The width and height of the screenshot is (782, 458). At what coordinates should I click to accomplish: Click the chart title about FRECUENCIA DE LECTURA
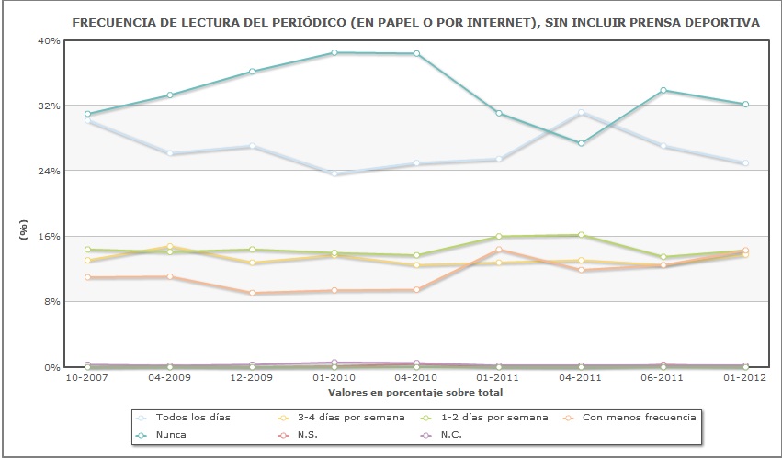point(415,21)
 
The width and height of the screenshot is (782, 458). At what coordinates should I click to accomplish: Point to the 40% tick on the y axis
point(49,40)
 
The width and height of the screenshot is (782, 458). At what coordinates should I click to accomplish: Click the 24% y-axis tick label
point(49,171)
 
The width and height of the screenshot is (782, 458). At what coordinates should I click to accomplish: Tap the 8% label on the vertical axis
point(51,301)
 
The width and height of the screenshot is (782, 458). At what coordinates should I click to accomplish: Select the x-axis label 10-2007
point(86,376)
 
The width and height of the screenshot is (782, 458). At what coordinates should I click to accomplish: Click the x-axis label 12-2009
point(252,376)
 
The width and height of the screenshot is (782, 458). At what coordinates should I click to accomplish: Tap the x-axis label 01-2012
point(745,376)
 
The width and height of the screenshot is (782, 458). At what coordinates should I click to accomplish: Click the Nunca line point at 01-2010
point(334,52)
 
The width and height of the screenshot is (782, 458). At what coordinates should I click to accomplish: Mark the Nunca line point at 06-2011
point(663,90)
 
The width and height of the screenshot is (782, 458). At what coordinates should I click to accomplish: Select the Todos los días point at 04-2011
point(581,112)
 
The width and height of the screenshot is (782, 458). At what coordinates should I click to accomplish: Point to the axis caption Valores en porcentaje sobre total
point(416,392)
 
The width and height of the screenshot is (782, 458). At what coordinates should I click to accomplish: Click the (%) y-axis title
point(25,229)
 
